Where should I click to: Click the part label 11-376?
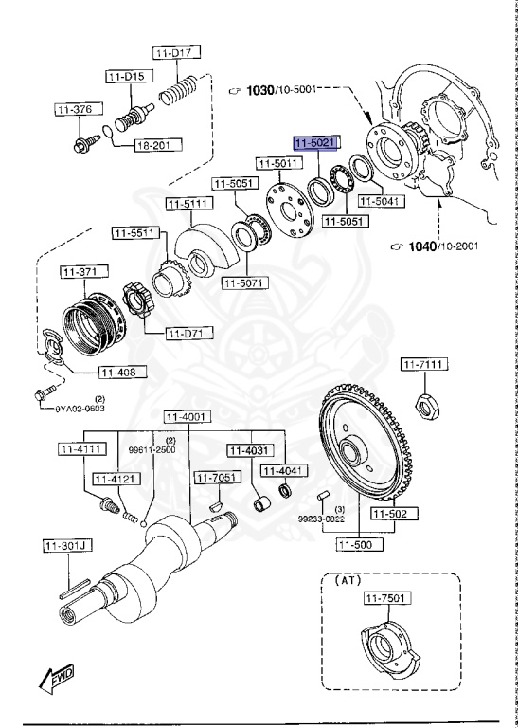[74, 110]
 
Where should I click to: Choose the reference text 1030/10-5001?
[283, 90]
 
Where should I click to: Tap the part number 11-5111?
[188, 203]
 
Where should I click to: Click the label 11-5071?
[244, 282]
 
